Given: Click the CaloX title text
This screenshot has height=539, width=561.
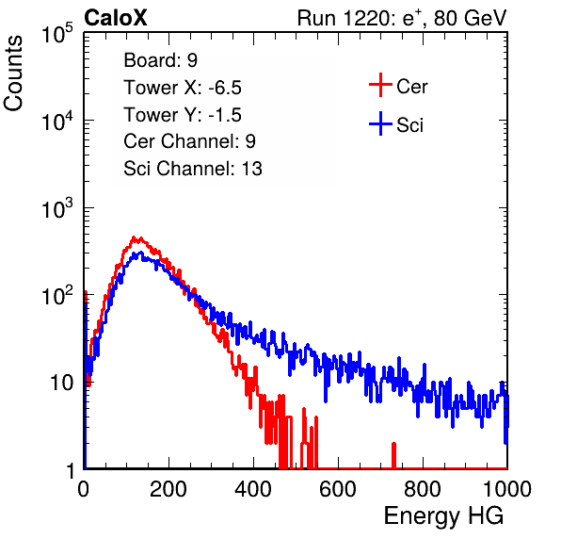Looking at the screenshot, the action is (x=116, y=18).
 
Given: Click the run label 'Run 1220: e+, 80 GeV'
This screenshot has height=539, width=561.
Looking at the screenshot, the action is (x=402, y=18).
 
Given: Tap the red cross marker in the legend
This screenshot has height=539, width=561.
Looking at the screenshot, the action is (x=380, y=85).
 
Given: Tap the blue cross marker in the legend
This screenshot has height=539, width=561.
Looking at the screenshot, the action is (x=380, y=123).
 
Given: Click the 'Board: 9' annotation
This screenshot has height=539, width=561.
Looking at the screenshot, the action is (x=161, y=60).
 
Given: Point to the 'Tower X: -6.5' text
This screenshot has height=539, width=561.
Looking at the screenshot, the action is (x=183, y=88).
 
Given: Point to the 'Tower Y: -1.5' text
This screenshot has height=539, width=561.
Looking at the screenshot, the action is (x=183, y=115).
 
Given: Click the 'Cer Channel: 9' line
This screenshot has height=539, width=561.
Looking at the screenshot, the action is (x=189, y=141).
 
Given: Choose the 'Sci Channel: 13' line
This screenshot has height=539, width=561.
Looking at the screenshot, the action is (x=193, y=169).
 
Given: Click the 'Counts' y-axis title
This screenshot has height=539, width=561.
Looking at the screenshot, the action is (x=13, y=73).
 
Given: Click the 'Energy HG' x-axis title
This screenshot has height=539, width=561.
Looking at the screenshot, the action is (x=443, y=515).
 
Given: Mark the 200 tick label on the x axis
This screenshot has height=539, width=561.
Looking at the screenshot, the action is (x=168, y=489).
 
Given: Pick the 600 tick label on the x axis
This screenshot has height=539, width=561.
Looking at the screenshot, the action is (x=338, y=489).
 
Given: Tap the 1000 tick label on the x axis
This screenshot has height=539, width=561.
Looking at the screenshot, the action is (x=507, y=489).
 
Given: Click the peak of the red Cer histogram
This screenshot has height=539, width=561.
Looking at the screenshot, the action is (x=134, y=237).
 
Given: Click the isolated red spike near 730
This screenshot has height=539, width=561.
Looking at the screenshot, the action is (x=393, y=455).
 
